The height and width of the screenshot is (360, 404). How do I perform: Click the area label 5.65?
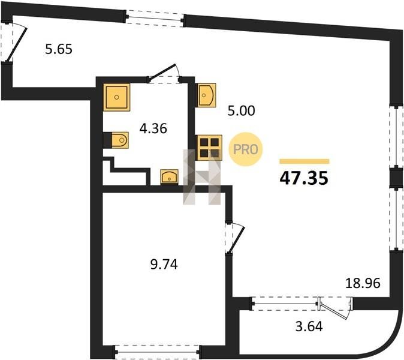click(59, 49)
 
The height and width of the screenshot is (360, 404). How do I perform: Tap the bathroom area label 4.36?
click(153, 128)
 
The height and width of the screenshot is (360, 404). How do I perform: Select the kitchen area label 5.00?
click(242, 111)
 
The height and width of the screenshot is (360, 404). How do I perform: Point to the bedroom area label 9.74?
click(164, 265)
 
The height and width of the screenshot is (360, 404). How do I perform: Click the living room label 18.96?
click(363, 283)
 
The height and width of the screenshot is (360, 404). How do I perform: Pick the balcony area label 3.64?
click(309, 326)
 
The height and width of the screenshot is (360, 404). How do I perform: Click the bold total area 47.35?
click(304, 178)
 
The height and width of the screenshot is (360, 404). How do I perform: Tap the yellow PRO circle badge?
click(246, 149)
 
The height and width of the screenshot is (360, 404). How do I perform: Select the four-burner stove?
click(209, 148)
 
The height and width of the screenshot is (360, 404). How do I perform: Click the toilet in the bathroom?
click(120, 140)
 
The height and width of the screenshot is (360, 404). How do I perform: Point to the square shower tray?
click(116, 97)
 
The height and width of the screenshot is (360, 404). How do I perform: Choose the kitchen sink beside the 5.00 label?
click(207, 95)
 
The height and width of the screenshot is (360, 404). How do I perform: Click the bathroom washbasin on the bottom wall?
click(169, 177)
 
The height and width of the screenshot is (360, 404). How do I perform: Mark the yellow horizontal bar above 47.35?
click(304, 161)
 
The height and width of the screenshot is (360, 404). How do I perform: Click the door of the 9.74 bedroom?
click(234, 238)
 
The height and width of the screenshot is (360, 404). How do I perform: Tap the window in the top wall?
click(155, 17)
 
